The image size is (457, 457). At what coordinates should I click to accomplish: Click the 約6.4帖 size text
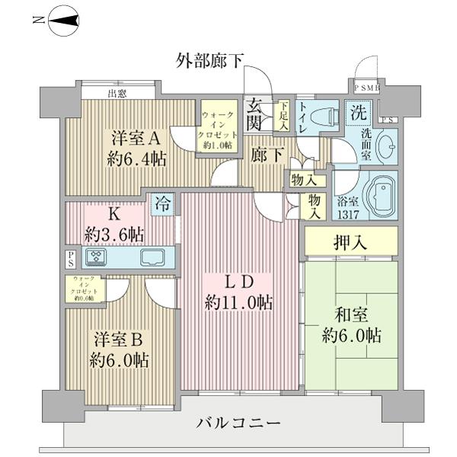click(x=136, y=160)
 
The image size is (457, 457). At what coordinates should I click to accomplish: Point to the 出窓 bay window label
click(x=117, y=94)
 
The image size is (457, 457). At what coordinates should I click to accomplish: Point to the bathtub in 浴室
click(x=378, y=194)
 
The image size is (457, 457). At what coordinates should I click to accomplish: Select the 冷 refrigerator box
click(x=162, y=204)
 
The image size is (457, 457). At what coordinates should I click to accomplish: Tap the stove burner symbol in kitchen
click(x=97, y=257)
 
